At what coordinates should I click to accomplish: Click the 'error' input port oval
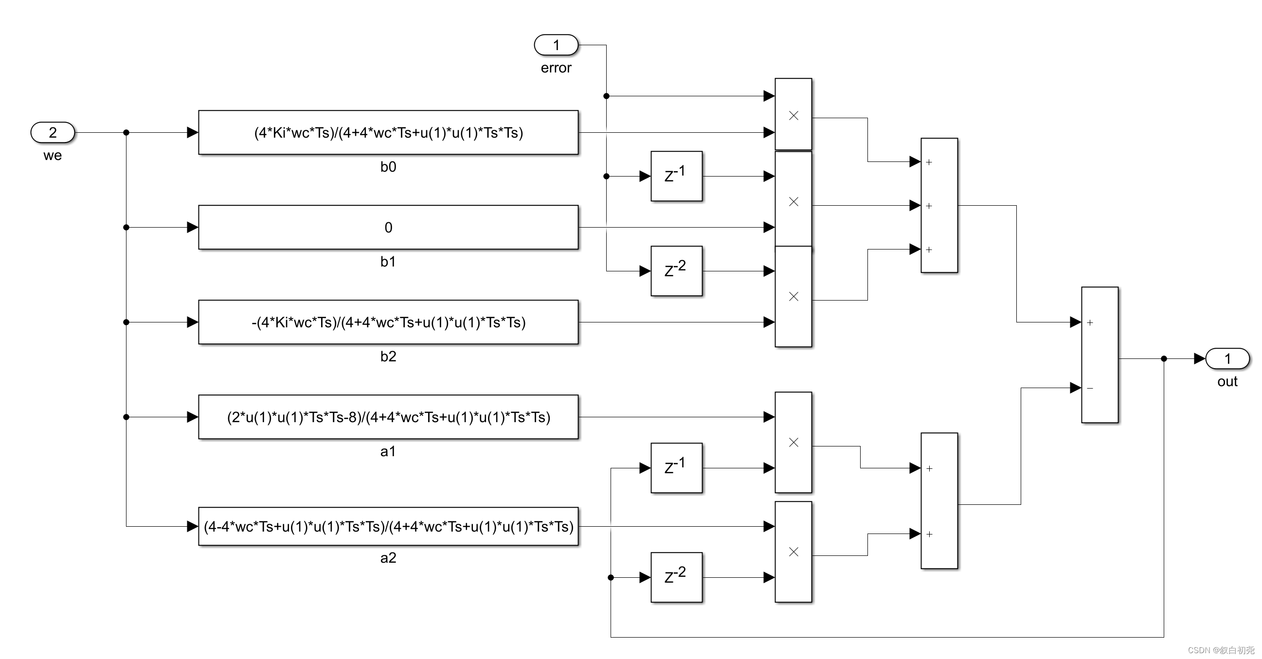(556, 45)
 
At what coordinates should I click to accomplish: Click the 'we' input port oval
(53, 132)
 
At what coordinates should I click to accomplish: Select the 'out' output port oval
(1227, 358)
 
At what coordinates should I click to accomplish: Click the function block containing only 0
(388, 227)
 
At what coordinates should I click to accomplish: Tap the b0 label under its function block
(388, 167)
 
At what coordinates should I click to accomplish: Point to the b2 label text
(388, 356)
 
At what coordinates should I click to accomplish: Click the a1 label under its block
(388, 451)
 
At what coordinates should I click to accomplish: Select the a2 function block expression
(388, 526)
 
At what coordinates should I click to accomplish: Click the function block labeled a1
(388, 417)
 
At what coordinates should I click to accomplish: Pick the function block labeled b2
(388, 322)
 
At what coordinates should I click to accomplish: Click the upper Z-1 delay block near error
(676, 176)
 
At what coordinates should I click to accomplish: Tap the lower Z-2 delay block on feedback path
(676, 577)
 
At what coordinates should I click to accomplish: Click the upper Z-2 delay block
(676, 271)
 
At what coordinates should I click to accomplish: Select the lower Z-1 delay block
(676, 467)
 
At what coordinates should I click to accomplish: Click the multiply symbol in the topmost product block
(793, 116)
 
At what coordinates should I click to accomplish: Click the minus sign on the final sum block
(1090, 388)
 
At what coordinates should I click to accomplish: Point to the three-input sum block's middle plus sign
(929, 206)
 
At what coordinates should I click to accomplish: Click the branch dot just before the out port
(1164, 359)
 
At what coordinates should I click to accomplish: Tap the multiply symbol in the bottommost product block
(793, 552)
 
